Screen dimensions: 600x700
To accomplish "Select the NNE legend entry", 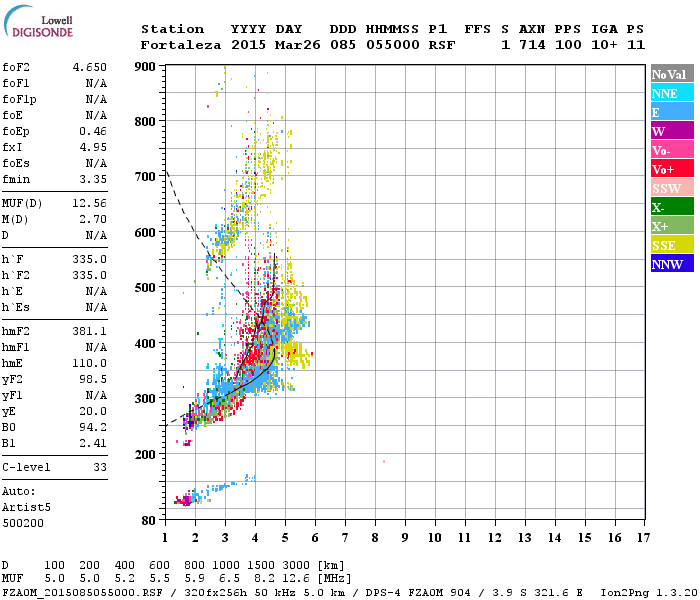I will (x=664, y=93).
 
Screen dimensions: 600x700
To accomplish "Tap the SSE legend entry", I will (x=664, y=245).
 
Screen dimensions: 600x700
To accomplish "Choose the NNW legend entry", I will (x=667, y=264).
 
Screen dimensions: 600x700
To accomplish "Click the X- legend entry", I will (x=659, y=207).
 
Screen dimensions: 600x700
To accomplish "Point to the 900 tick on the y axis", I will (x=146, y=67).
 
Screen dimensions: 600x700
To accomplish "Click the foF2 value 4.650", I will (x=89, y=67).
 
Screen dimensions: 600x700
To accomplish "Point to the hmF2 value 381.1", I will (x=89, y=331).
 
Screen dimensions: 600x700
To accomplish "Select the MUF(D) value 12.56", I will (x=89, y=203).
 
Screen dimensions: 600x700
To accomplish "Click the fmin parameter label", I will (x=17, y=179).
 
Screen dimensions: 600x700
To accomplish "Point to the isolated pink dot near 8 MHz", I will (x=384, y=461).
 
